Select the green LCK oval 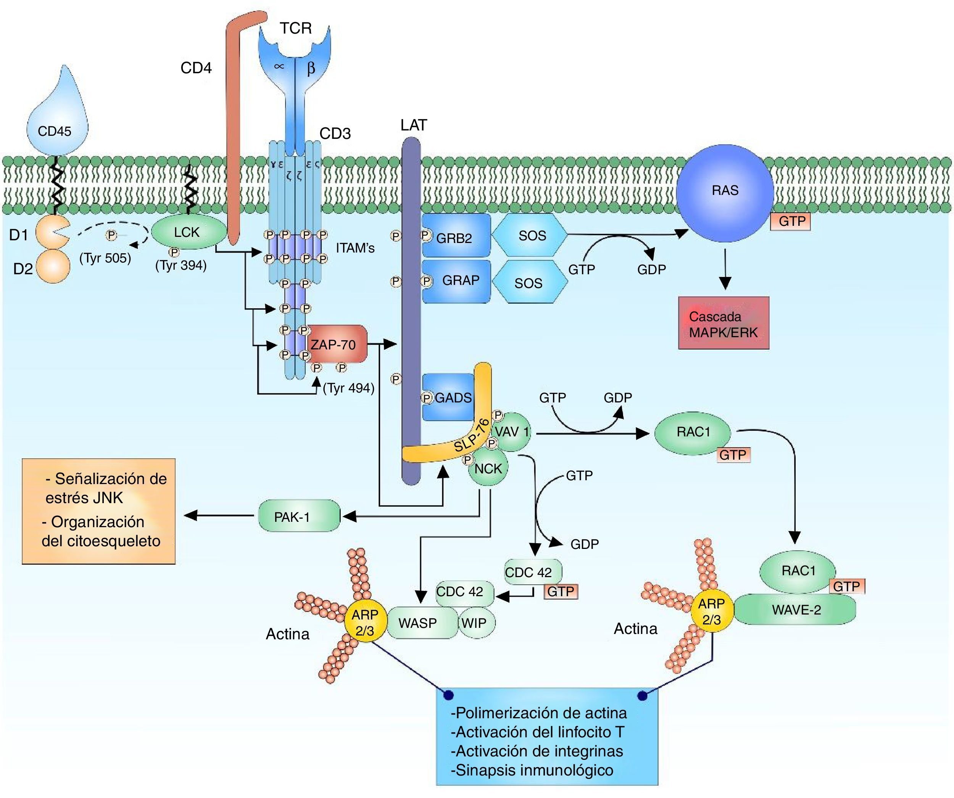[x=188, y=232]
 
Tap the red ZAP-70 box [x=336, y=344]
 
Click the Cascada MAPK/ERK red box [x=723, y=324]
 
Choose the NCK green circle [x=488, y=468]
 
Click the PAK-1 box [x=299, y=516]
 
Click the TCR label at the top [x=296, y=29]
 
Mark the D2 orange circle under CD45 [x=53, y=267]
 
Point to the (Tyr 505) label [x=105, y=258]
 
